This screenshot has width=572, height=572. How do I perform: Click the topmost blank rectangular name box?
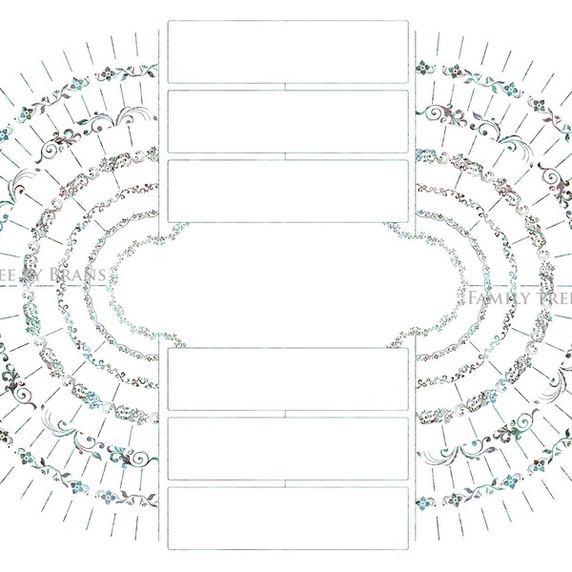(x=288, y=51)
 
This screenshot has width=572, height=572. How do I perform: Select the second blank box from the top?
(x=288, y=121)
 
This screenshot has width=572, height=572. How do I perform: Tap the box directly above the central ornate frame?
(x=288, y=191)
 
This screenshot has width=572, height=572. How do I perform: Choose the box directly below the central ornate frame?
(x=288, y=378)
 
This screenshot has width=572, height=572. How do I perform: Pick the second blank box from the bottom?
(x=288, y=447)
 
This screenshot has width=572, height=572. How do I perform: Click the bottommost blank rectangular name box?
(x=288, y=518)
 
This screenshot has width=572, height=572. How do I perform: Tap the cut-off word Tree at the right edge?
(x=557, y=299)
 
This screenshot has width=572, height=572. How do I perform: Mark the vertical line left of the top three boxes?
(x=158, y=124)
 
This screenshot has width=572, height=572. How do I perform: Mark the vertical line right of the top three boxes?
(x=417, y=124)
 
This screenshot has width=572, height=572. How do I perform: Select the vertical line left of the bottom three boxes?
(x=158, y=448)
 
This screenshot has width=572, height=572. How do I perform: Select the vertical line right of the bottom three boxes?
(x=417, y=448)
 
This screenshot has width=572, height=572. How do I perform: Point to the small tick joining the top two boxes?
(x=288, y=87)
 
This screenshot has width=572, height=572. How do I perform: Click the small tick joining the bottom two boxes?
(x=288, y=483)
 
